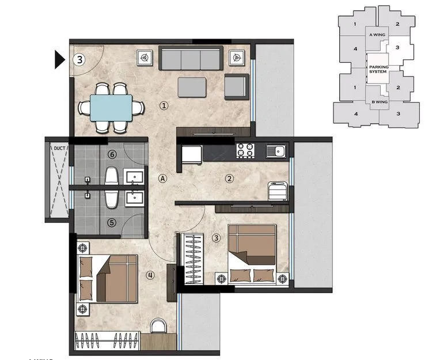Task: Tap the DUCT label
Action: [60, 148]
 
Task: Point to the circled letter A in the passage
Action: [163, 179]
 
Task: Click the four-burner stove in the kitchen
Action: [246, 151]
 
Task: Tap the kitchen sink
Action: [276, 151]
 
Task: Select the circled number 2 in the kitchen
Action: [229, 179]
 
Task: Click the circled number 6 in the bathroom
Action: [112, 154]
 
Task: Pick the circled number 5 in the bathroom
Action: [112, 222]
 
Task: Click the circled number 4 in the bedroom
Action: [150, 275]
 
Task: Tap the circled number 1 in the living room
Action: [164, 105]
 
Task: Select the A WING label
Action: [377, 35]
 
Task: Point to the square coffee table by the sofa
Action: [192, 86]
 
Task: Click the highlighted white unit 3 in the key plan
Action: [397, 48]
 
